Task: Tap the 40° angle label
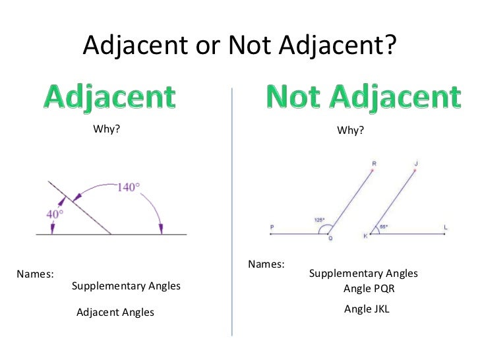[55, 214]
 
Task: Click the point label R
[374, 162]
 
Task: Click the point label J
[417, 162]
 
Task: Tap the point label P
[272, 227]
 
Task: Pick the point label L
[446, 227]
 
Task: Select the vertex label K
[365, 236]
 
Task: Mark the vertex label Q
[330, 239]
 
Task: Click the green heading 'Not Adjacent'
[363, 97]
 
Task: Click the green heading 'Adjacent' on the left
[110, 97]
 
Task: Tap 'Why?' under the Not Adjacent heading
[350, 131]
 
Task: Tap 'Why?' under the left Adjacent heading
[107, 129]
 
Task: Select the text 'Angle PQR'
[369, 289]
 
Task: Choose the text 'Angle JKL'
[367, 309]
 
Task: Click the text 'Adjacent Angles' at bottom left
[115, 312]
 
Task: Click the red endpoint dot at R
[373, 170]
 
